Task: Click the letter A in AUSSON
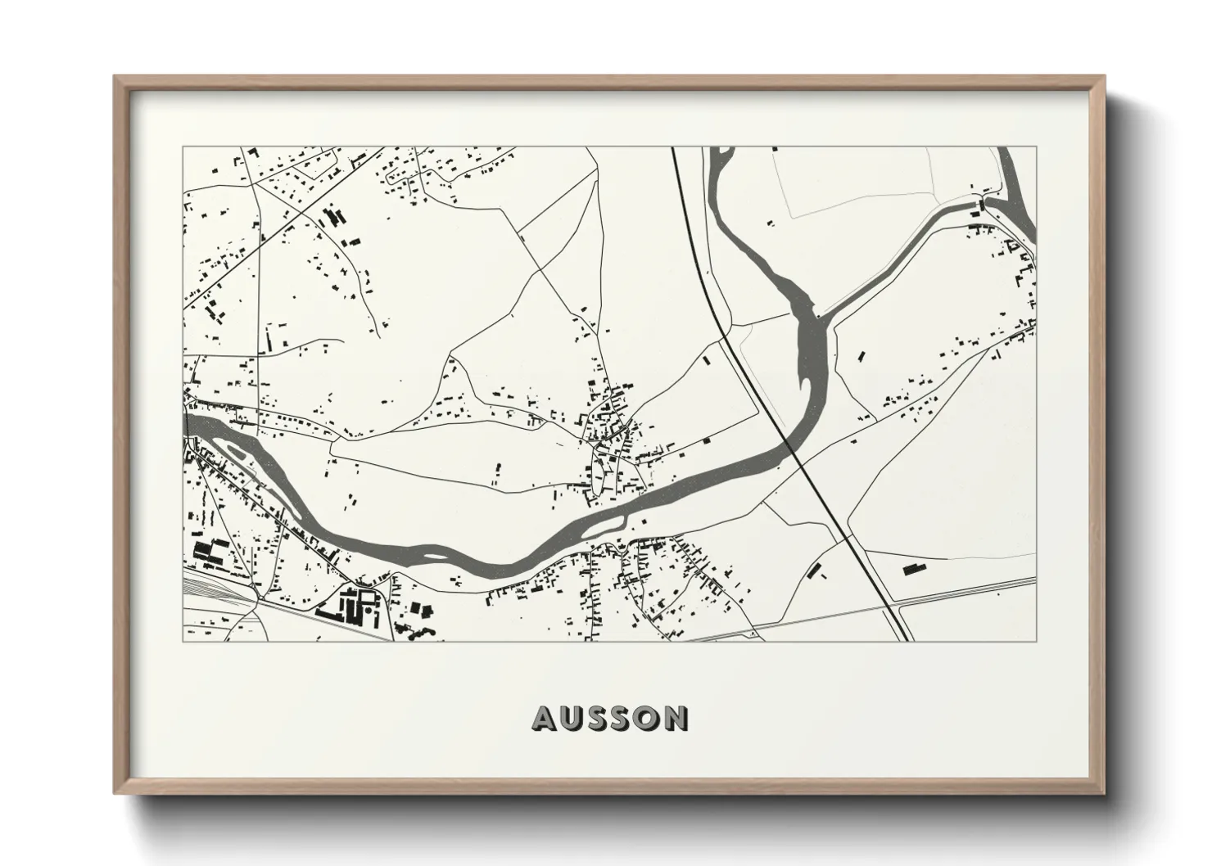547,718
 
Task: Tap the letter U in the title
576,718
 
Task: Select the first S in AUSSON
604,718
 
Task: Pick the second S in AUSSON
631,718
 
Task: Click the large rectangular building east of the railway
912,567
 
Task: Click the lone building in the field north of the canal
771,221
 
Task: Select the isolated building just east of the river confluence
861,355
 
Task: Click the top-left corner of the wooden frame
115,77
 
